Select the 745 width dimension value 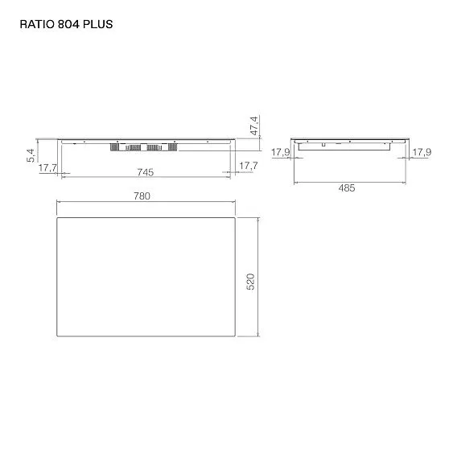[x=145, y=171]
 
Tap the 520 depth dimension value [x=249, y=282]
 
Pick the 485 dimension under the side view [x=345, y=187]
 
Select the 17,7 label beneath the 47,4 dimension [x=248, y=166]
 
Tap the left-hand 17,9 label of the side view [x=280, y=151]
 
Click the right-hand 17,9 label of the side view [x=421, y=151]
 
